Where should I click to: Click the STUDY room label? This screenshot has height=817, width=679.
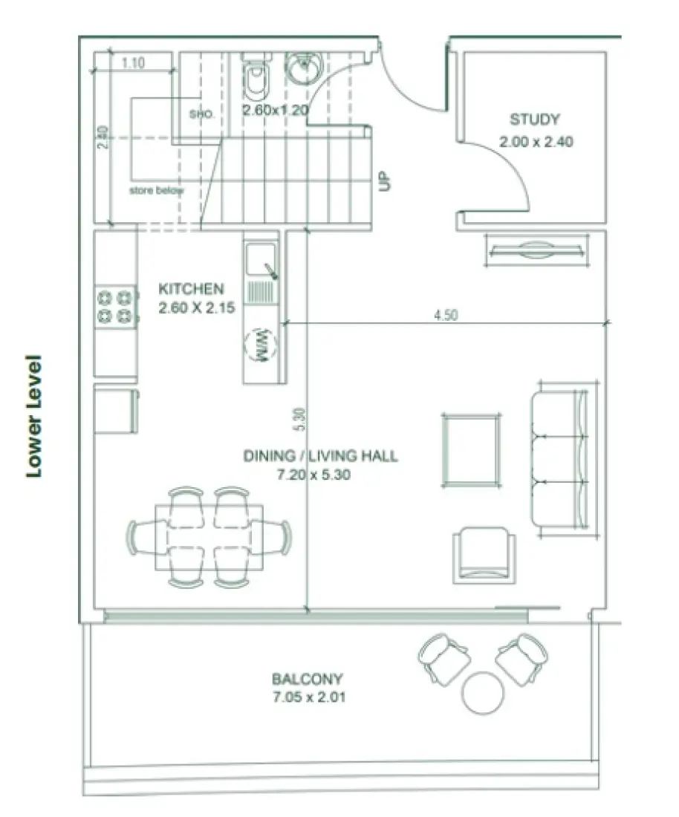(x=534, y=119)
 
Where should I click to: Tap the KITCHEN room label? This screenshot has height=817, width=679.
(x=191, y=288)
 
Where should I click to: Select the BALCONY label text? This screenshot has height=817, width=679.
(x=307, y=678)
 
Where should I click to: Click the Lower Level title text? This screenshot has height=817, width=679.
(x=33, y=416)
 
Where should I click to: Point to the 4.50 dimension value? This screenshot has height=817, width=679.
(x=446, y=314)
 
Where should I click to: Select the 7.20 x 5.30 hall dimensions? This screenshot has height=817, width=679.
(x=313, y=475)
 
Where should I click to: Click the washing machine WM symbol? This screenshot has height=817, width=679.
(x=261, y=347)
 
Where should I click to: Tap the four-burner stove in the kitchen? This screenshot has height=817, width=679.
(x=116, y=306)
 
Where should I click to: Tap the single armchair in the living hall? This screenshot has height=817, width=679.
(x=484, y=553)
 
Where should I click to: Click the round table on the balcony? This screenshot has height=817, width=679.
(x=484, y=693)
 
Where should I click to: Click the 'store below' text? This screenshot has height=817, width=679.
(x=156, y=191)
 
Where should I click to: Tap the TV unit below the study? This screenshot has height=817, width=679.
(x=537, y=250)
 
